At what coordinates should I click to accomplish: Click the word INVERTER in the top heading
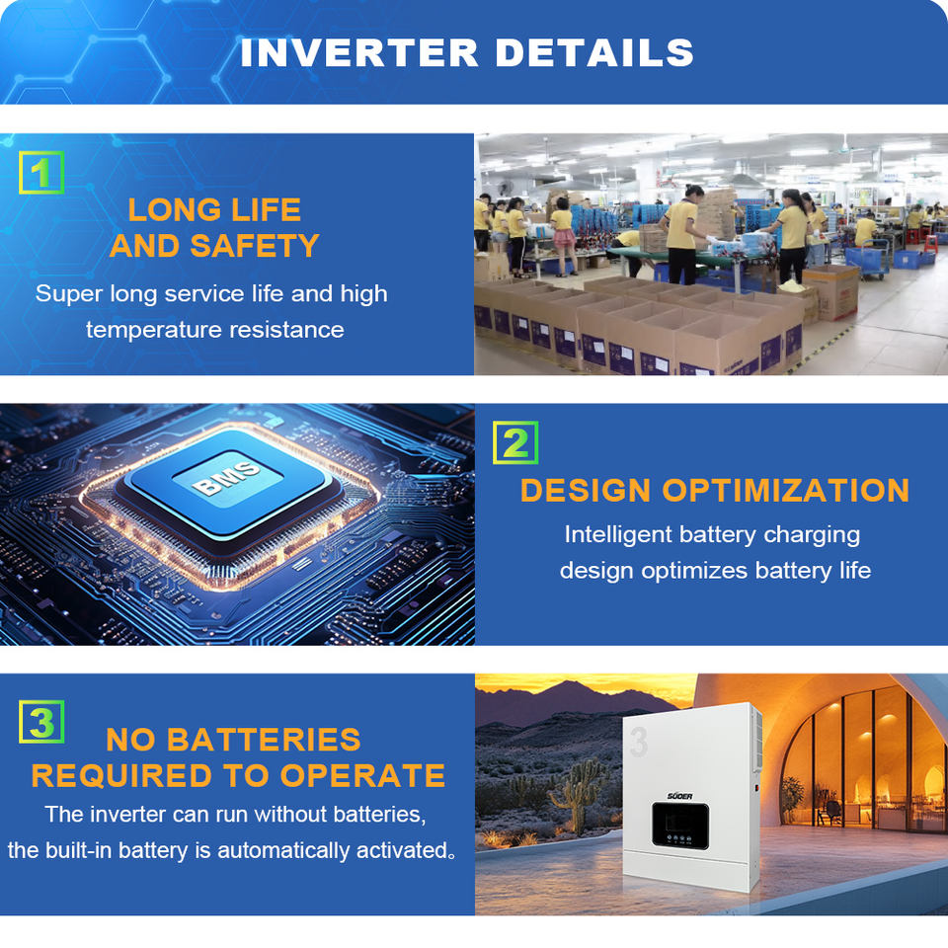coord(359,52)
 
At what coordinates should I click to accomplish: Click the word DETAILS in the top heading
coord(594,52)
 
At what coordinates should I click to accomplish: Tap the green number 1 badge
coord(41,172)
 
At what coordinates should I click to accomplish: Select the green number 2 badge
coord(515,442)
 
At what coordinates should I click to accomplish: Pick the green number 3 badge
coord(41,722)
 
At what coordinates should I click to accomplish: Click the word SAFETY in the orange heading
coord(255,246)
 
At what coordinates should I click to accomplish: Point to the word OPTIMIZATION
coord(785,491)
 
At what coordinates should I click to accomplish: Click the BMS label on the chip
coord(226,478)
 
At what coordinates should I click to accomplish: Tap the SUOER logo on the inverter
coord(679,796)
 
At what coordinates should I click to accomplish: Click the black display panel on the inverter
coord(680,826)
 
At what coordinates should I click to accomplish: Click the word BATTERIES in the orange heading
coord(263,740)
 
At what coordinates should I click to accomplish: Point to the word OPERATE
coord(362,776)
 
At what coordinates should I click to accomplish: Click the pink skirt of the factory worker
coord(564,239)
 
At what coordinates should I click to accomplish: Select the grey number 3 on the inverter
coord(639,742)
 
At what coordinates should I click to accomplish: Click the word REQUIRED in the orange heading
coord(121,776)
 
